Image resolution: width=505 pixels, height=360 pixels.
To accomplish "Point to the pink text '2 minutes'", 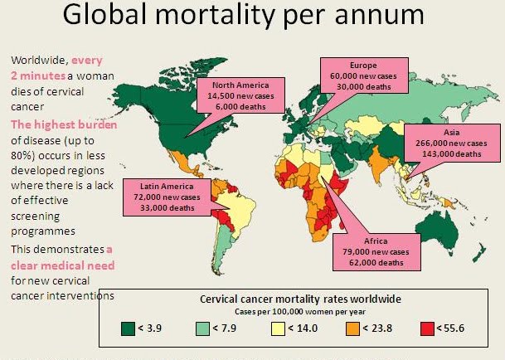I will click(x=39, y=75).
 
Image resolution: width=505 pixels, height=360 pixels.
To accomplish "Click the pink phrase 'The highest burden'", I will click(x=59, y=124).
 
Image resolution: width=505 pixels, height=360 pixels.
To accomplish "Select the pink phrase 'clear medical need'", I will click(x=62, y=265).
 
